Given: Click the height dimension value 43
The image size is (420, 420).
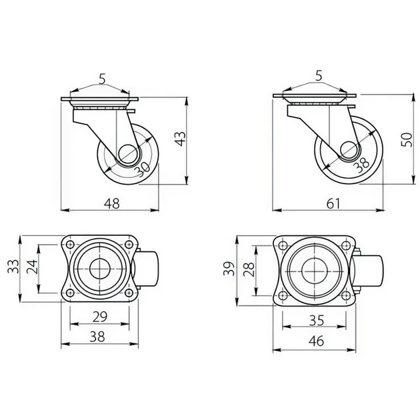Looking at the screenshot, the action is [x=180, y=139].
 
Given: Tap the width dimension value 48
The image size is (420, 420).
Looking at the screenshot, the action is [x=112, y=203].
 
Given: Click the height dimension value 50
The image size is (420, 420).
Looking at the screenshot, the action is [x=407, y=139].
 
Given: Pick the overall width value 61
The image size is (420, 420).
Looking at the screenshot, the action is [x=333, y=203].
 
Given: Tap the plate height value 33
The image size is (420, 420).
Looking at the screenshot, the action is [x=13, y=266].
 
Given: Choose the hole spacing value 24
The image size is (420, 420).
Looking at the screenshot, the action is [x=33, y=266].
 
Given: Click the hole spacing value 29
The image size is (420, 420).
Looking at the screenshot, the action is [x=99, y=317].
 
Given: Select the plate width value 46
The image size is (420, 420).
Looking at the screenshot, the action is [x=316, y=341].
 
